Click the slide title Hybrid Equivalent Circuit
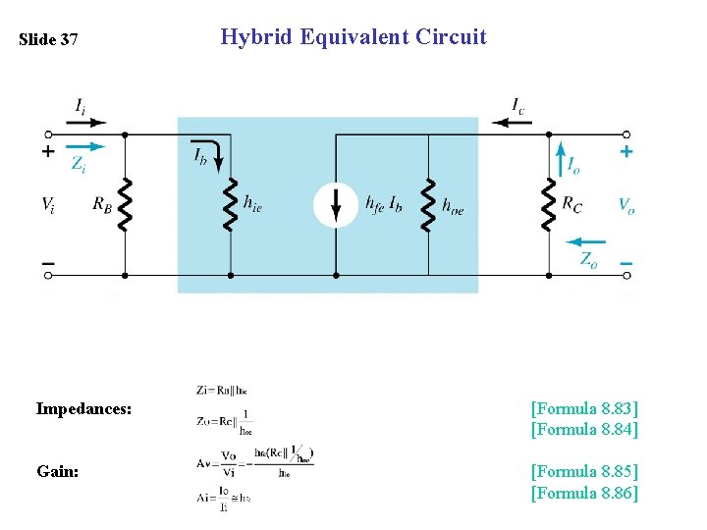tap(353, 37)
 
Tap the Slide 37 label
tap(48, 40)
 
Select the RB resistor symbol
tap(125, 204)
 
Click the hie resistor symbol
tap(231, 204)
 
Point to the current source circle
tap(336, 204)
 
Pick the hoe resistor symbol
tap(428, 204)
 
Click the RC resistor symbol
tap(548, 204)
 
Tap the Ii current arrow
tap(87, 123)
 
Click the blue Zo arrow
tap(587, 241)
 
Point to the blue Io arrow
tap(561, 159)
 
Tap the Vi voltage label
tap(47, 204)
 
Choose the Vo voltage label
tap(625, 204)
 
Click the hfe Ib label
tap(383, 204)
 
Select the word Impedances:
tap(83, 408)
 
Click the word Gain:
tap(58, 471)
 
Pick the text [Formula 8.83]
tap(584, 407)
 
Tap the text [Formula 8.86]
tap(584, 492)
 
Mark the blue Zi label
tap(78, 164)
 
